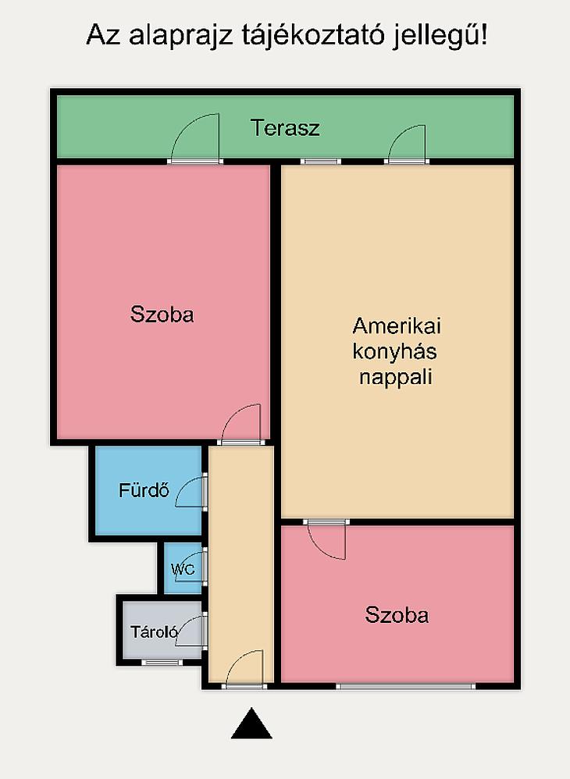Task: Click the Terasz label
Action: click(285, 128)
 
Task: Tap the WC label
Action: click(183, 569)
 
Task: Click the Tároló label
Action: click(154, 632)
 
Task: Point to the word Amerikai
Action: click(397, 326)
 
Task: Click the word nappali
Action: click(396, 377)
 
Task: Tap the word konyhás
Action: click(394, 351)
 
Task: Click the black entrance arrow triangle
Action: click(251, 724)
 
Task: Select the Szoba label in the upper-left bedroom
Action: click(162, 315)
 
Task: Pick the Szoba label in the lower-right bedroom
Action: click(397, 615)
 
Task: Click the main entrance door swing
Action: click(244, 667)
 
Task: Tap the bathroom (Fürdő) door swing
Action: click(191, 492)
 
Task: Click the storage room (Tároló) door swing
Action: click(191, 630)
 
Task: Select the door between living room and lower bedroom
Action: click(326, 540)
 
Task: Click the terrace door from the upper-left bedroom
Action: click(194, 137)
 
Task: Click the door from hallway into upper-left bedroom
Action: click(241, 422)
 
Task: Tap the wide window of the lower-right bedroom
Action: click(406, 687)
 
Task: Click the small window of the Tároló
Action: click(162, 662)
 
